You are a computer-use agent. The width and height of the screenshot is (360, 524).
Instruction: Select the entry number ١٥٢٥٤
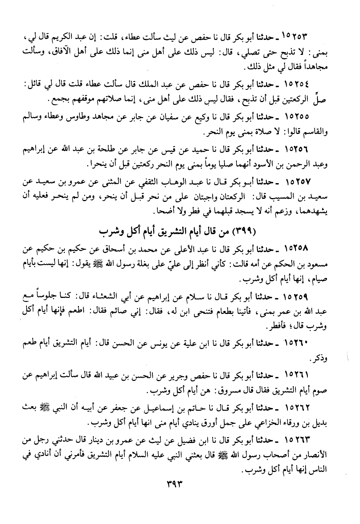click(296, 83)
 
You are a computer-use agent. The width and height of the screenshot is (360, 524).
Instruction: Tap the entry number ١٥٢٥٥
click(296, 115)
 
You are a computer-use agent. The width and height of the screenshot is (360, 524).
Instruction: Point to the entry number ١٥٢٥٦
click(296, 148)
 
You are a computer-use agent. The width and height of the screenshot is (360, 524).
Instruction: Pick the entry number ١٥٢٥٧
click(296, 180)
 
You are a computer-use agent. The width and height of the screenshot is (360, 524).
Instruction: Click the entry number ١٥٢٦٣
click(296, 439)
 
